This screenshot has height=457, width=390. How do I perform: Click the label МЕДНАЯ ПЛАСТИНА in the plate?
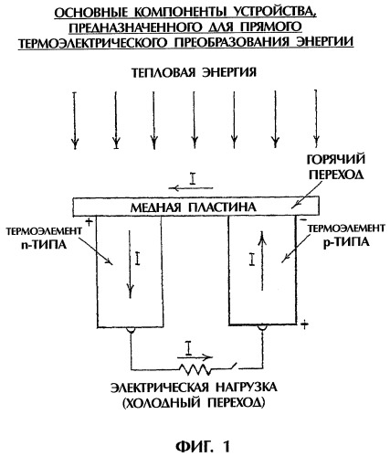[194, 207]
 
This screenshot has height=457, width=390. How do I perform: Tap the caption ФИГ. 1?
[203, 447]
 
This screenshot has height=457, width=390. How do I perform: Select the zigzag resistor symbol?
[195, 369]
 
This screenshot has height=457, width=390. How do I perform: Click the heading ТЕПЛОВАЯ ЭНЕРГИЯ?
[194, 73]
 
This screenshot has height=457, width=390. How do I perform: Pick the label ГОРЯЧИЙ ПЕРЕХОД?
[336, 167]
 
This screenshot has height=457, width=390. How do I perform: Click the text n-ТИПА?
[44, 245]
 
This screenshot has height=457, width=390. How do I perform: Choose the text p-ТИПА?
[346, 242]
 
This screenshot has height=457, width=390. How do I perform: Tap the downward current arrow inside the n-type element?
[131, 264]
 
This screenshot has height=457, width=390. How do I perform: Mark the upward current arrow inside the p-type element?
[262, 260]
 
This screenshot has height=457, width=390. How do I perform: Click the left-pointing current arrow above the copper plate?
[191, 188]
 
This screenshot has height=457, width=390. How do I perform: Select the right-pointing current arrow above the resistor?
[195, 356]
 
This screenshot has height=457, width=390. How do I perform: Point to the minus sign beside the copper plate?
[303, 219]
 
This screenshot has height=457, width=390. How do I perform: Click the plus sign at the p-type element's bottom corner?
[304, 324]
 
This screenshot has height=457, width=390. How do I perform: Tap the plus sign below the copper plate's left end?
[89, 222]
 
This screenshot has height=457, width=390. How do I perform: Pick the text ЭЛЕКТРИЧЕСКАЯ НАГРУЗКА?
[194, 388]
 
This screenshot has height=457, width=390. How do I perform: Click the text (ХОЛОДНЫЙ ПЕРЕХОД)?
[194, 403]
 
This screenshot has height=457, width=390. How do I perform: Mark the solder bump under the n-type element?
[131, 330]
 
